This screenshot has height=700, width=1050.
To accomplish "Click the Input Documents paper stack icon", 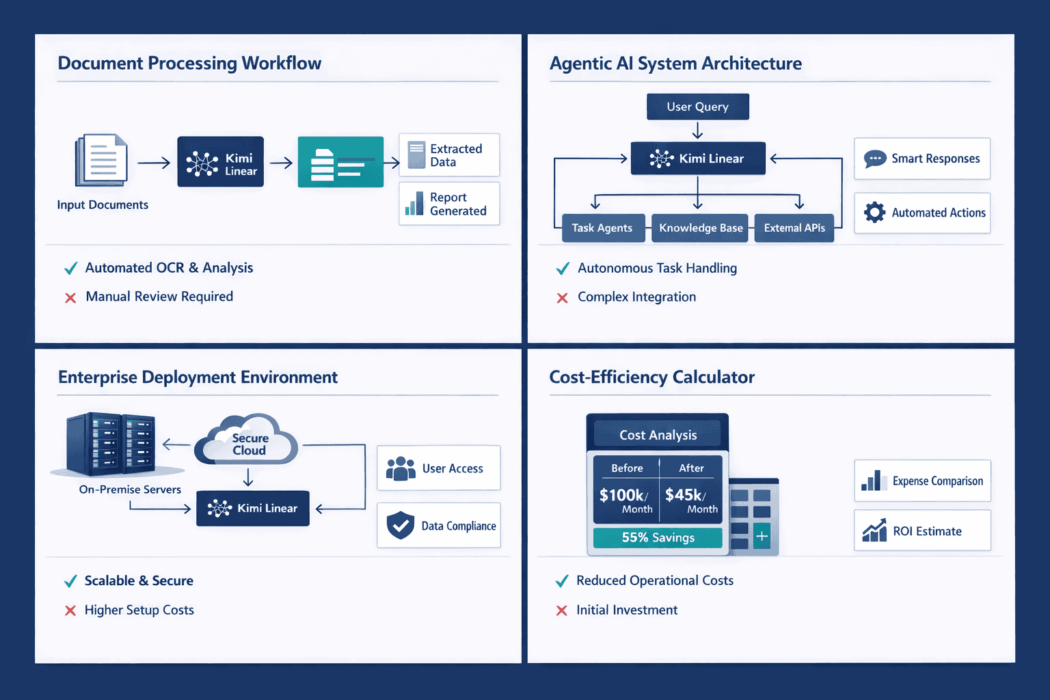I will tap(102, 160).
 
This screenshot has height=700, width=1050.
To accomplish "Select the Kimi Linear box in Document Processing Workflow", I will tap(220, 162).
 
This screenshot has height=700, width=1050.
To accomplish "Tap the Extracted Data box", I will tap(449, 155).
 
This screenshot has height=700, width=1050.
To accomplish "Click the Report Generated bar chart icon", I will tap(414, 204).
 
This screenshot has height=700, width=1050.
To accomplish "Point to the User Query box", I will tap(697, 107).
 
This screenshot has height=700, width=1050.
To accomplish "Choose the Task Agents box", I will tap(602, 228).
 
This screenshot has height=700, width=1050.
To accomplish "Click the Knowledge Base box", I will tap(700, 228).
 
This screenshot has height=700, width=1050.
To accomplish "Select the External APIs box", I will tap(794, 228).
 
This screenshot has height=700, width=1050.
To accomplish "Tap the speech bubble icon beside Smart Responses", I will tap(875, 159).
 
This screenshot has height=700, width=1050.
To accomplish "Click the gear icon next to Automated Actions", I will tap(874, 213).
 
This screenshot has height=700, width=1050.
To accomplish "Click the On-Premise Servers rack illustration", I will tap(111, 444).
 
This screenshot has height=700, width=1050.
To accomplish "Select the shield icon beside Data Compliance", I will tap(401, 526).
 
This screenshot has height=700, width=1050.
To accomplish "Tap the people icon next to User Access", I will tap(401, 469).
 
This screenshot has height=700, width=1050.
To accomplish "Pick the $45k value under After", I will tap(686, 495).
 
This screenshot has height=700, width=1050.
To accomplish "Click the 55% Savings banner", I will tap(658, 538).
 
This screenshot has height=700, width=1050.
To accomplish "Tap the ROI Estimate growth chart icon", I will tap(874, 530).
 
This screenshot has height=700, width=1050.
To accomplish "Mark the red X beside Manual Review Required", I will tap(70, 298).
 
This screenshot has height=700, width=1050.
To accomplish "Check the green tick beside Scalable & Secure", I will tap(70, 582).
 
